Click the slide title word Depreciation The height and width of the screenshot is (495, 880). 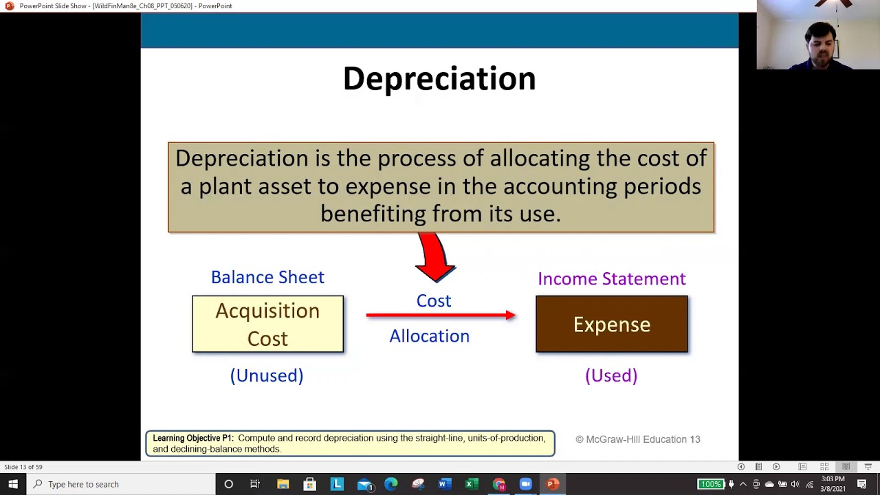439,79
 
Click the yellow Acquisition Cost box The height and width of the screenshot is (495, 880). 267,324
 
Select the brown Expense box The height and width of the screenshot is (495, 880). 611,324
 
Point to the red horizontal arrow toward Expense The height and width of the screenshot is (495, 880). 440,316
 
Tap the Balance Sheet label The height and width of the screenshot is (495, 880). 267,277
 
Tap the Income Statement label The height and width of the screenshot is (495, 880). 611,278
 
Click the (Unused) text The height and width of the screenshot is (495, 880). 267,375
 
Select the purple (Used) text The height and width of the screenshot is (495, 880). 611,375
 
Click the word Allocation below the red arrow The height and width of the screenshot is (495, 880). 429,336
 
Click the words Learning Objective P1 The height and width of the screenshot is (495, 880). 192,438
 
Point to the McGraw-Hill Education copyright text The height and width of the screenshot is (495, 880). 637,439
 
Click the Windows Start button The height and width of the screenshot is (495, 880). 13,484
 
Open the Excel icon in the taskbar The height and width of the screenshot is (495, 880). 471,484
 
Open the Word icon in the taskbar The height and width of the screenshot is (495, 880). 443,484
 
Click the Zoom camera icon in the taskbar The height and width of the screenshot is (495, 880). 526,484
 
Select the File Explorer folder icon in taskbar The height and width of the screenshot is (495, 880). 283,484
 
